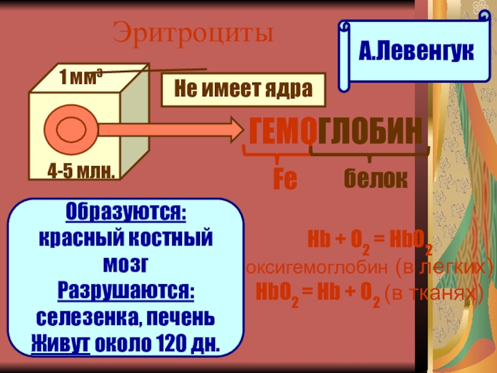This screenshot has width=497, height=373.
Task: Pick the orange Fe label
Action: pos(286,180)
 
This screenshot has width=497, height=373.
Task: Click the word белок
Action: pos(376,179)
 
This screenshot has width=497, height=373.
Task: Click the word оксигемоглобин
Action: pos(311,268)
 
